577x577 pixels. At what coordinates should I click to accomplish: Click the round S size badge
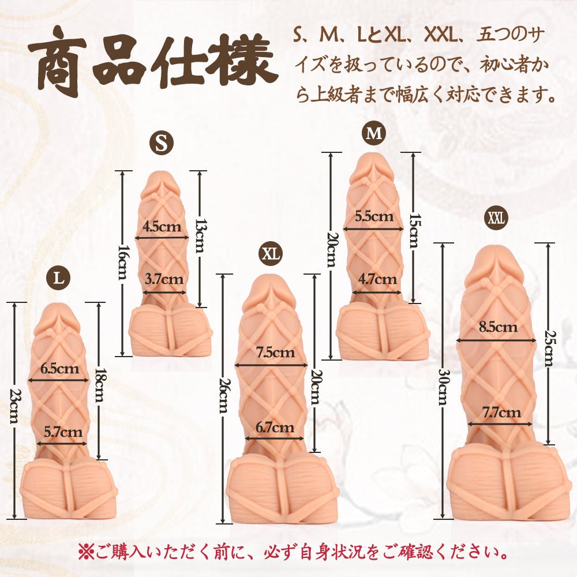[x=162, y=143]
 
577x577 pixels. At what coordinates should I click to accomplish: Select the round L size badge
[x=58, y=278]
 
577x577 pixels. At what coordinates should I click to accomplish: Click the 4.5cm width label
[x=162, y=226]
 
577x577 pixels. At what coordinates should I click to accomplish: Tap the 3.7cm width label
[x=164, y=279]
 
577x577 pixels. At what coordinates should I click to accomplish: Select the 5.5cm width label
[x=374, y=216]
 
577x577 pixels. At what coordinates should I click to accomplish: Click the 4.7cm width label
[x=377, y=279]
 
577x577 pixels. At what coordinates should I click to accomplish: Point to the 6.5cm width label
[x=59, y=368]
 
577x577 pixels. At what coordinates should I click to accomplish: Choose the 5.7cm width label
[x=63, y=431]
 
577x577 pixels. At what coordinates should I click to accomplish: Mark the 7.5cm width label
[x=276, y=353]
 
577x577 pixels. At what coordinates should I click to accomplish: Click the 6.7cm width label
[x=275, y=427]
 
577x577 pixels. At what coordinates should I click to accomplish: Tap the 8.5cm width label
[x=498, y=327]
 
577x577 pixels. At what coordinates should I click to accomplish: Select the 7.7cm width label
[x=501, y=413]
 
